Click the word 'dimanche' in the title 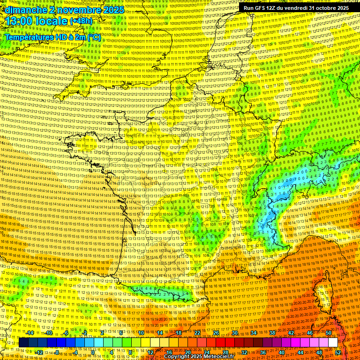(23, 9)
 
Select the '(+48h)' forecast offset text (81, 21)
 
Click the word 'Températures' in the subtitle (29, 37)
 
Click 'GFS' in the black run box (261, 8)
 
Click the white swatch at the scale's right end (333, 343)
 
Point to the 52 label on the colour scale (338, 352)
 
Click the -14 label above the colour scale (30, 333)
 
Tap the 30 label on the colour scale (235, 333)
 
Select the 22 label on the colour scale (197, 333)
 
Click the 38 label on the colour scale (272, 333)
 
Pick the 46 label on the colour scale (310, 333)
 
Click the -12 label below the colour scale (39, 352)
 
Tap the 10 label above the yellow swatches (141, 333)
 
